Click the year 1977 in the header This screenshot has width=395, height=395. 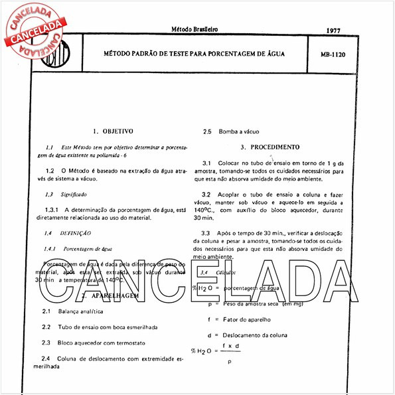334,31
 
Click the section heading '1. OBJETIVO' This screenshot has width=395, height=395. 114,131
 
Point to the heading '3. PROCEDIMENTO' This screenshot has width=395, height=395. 270,147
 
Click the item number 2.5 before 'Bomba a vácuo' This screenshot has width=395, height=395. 207,131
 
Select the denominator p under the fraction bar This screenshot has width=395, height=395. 230,362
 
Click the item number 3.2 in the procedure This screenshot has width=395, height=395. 206,195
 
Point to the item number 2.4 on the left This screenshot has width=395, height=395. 45,358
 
